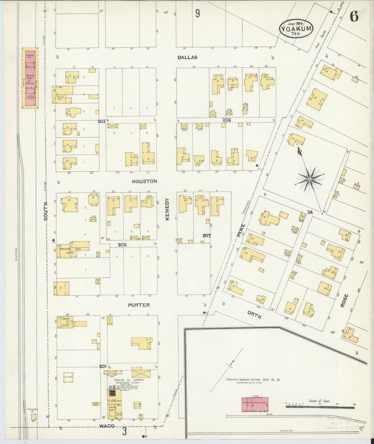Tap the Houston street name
coord(144,181)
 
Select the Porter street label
coord(139,305)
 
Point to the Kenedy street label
coord(167,209)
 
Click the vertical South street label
coord(46,211)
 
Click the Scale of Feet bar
coord(320,407)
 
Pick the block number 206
coord(226,120)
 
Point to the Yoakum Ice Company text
coord(129,380)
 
